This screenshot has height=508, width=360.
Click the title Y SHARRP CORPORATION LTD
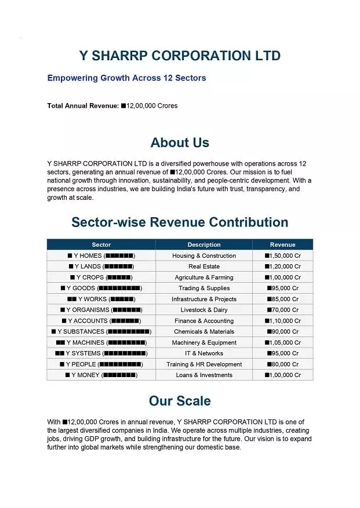tap(180, 56)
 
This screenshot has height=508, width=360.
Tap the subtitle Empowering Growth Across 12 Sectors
tap(126, 78)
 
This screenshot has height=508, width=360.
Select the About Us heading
tap(180, 142)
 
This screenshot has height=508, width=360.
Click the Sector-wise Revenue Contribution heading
tap(180, 222)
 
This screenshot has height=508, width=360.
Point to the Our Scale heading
tap(180, 401)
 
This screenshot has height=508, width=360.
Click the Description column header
tap(204, 244)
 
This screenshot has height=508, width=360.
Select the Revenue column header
tap(282, 244)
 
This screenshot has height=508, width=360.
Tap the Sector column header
tap(101, 244)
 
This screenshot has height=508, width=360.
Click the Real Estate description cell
tap(204, 266)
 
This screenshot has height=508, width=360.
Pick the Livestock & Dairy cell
tap(204, 310)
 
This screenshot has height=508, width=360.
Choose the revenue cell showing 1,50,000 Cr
tap(282, 255)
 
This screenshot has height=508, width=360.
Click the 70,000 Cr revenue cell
tap(282, 310)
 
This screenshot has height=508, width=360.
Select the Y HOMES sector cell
tap(101, 255)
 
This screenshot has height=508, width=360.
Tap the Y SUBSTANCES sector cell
tap(101, 331)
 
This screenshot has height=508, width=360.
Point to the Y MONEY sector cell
tap(101, 375)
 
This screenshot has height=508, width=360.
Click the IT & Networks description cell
tap(204, 353)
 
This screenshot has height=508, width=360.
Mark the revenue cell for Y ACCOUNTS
tap(282, 321)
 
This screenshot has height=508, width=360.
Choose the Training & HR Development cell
tap(204, 364)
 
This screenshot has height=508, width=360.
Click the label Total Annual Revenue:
tap(83, 106)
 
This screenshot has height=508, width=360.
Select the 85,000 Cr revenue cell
tap(282, 299)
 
